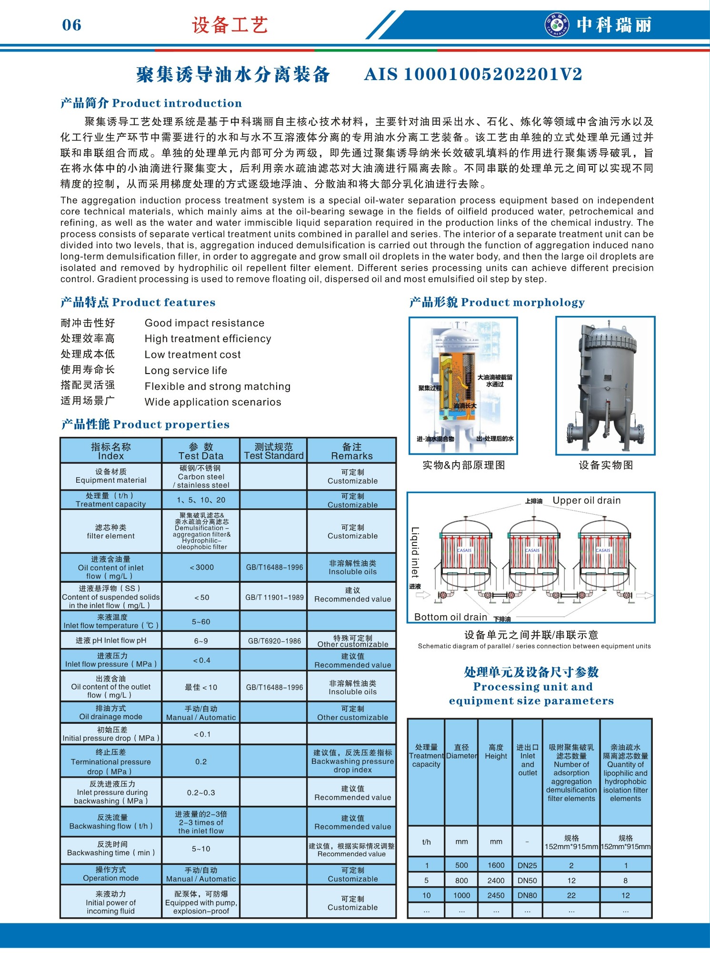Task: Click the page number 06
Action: pyautogui.click(x=71, y=25)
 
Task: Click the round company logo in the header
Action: pyautogui.click(x=557, y=25)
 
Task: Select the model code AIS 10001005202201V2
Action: pyautogui.click(x=473, y=74)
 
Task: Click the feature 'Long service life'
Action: pyautogui.click(x=186, y=370)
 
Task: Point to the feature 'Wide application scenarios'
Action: pyautogui.click(x=213, y=402)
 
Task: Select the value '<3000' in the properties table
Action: pyautogui.click(x=201, y=567)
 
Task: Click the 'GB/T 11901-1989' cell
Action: pyautogui.click(x=274, y=597)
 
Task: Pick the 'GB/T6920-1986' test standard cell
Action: pyautogui.click(x=274, y=641)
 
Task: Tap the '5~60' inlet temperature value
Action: pyautogui.click(x=201, y=621)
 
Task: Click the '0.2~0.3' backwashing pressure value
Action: pyautogui.click(x=201, y=792)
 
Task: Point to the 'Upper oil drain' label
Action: pyautogui.click(x=586, y=500)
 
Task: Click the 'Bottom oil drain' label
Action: pyautogui.click(x=450, y=617)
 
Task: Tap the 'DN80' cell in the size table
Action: pyautogui.click(x=527, y=895)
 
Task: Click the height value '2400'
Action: pyautogui.click(x=496, y=881)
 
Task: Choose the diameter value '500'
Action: pyautogui.click(x=461, y=865)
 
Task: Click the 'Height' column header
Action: pyautogui.click(x=496, y=751)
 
